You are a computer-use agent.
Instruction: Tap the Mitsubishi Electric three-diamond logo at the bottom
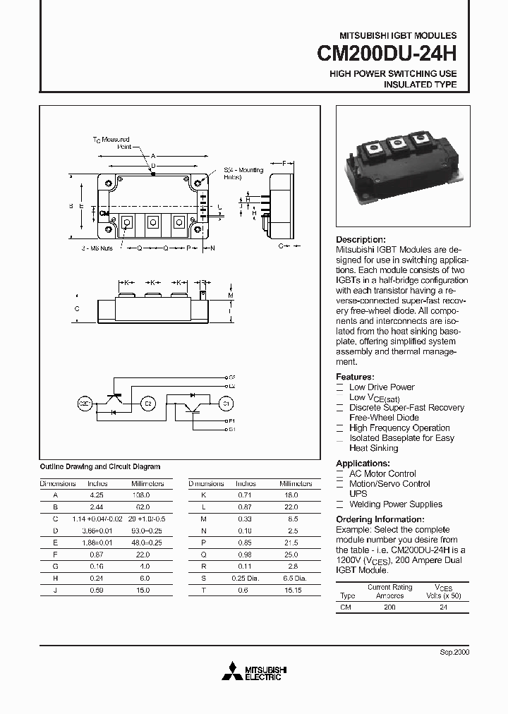point(232,672)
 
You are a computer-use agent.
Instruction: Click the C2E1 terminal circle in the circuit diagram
point(85,404)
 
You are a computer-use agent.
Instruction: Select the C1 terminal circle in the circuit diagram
point(226,404)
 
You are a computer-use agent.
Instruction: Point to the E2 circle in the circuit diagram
point(148,404)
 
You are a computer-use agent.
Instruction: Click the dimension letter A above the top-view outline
point(153,156)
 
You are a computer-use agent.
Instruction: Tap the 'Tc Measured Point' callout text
point(112,143)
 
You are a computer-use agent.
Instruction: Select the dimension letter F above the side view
point(284,163)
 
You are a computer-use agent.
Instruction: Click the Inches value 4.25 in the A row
point(97,495)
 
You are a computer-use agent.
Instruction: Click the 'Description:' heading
point(361,240)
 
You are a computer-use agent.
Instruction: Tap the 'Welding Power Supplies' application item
point(396,504)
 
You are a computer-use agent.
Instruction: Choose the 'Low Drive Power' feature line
point(382,387)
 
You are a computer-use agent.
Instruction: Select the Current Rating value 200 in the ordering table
point(389,606)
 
